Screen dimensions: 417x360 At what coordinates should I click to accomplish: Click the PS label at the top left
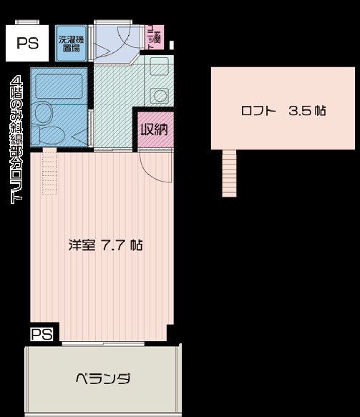[28, 42]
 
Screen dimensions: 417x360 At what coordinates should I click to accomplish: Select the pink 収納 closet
[153, 131]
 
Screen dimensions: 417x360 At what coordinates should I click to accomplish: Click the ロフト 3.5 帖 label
[284, 111]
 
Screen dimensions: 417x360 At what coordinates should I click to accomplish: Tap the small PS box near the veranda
[41, 333]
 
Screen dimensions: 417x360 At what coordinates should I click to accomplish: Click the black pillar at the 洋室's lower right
[170, 333]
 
